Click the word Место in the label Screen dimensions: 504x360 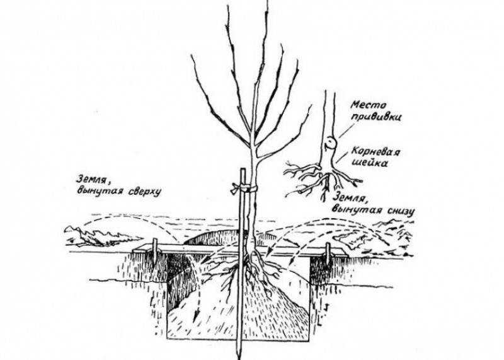coord(369,105)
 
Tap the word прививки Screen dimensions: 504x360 coord(376,117)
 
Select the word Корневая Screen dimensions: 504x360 coord(375,151)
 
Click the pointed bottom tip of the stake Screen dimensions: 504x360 coord(239,356)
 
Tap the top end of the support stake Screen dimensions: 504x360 coord(243,169)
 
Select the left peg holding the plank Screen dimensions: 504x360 coord(155,250)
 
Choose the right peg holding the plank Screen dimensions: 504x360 coord(328,253)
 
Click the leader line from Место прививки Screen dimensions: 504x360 coord(343,132)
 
